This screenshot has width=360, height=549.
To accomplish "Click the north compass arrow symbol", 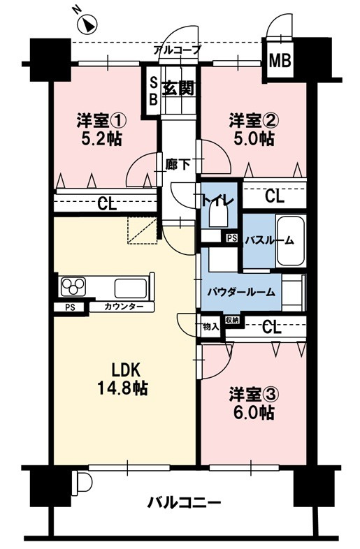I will click(87, 25).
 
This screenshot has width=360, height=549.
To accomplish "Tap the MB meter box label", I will click(280, 61).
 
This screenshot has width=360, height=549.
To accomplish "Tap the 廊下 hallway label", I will click(175, 166).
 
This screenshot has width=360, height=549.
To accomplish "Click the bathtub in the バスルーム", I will click(290, 241).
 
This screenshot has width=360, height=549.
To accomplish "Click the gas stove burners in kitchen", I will click(73, 287).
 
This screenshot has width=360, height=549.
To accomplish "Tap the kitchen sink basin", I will click(131, 288).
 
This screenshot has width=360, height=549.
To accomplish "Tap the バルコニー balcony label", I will click(184, 503).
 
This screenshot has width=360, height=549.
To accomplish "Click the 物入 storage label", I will click(210, 326).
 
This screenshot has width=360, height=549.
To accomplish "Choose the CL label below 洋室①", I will click(106, 204).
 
